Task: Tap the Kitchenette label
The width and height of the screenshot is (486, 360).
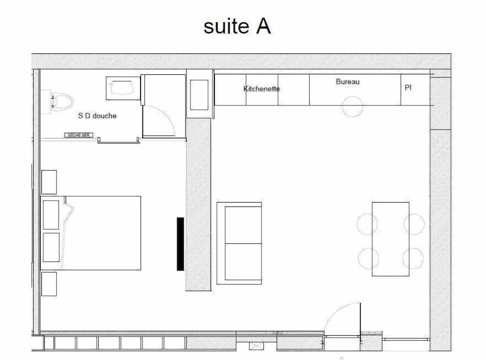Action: click(261, 89)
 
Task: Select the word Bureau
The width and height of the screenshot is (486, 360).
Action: click(347, 82)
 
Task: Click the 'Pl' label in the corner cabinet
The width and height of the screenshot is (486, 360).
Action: click(408, 88)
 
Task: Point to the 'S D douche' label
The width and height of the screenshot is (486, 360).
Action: click(97, 116)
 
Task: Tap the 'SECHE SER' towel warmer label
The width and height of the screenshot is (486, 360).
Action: click(78, 135)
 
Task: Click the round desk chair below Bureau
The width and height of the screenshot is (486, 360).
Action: click(352, 106)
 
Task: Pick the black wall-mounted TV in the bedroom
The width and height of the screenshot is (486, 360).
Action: click(180, 243)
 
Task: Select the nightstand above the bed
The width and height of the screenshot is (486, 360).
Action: click(49, 182)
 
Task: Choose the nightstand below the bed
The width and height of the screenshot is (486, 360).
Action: click(49, 284)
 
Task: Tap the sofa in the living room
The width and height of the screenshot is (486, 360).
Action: click(239, 243)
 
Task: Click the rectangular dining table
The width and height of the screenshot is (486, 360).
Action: click(390, 239)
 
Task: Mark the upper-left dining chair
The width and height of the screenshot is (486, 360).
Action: click(367, 224)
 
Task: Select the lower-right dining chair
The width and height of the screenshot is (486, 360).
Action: click(414, 258)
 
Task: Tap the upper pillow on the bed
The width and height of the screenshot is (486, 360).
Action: click(51, 214)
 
